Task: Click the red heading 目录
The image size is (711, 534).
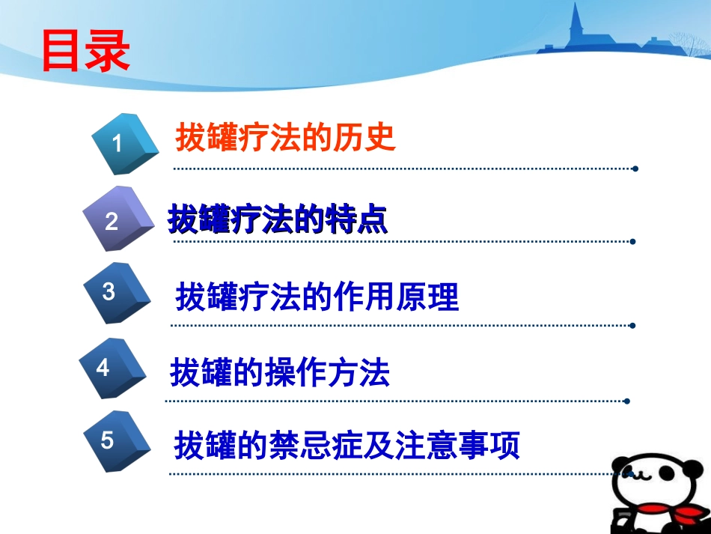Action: point(85,51)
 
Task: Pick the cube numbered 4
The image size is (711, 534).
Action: point(112,368)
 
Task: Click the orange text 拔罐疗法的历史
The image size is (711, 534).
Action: point(285,139)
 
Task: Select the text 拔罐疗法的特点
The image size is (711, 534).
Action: point(278,219)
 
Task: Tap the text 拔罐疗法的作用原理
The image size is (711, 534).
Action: point(317,297)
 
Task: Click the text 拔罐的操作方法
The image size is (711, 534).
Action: point(280,372)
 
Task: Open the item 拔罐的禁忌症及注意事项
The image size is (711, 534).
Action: point(347,446)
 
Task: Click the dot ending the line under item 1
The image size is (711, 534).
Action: point(635,169)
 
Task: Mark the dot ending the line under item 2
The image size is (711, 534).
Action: point(633,242)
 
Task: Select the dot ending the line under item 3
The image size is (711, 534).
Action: point(633,326)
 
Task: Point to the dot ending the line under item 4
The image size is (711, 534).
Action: point(627,401)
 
